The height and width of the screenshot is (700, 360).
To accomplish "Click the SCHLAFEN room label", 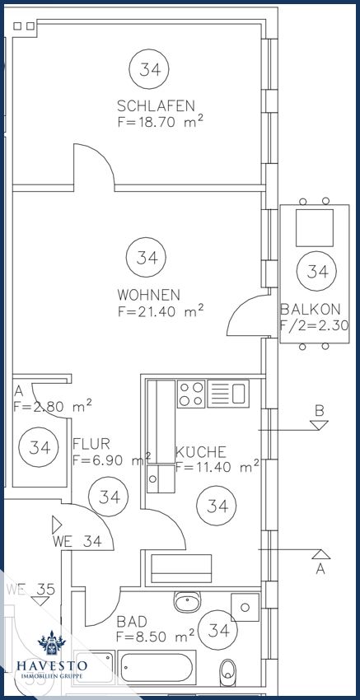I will (156, 106).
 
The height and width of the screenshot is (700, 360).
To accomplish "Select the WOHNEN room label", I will (148, 295).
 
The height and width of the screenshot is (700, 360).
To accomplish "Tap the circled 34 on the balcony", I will (313, 270).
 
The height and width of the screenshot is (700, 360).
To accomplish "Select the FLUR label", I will (91, 444).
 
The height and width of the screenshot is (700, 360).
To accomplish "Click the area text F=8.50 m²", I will (155, 637).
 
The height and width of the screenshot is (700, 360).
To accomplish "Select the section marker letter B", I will (320, 409).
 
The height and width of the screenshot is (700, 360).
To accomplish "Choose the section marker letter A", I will (320, 568).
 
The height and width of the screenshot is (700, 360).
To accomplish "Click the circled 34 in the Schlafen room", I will (149, 69).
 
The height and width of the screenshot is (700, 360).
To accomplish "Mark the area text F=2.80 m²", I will (52, 405).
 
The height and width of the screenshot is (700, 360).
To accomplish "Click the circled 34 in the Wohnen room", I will (147, 258).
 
